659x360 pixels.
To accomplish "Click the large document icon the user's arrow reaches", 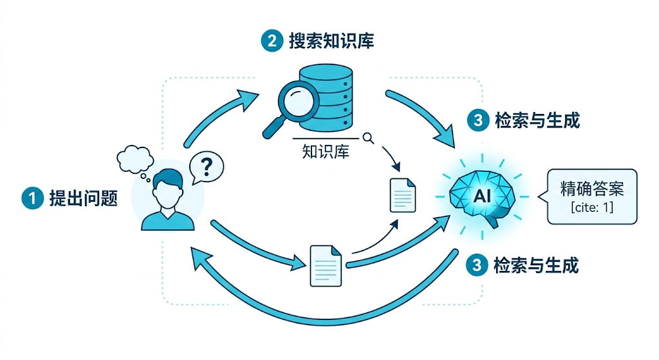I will (326, 265).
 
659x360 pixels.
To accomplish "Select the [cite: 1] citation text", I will (592, 208).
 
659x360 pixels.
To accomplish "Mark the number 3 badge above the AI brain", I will (477, 120).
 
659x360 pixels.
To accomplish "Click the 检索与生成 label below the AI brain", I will (536, 265).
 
